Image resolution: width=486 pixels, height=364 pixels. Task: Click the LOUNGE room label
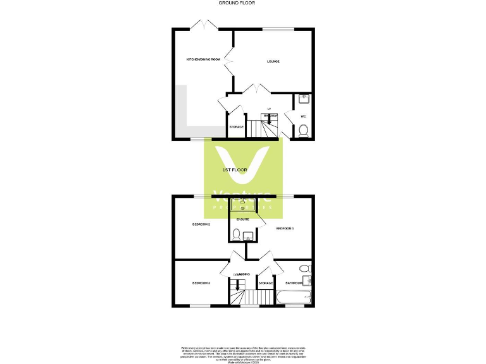(x=273, y=61)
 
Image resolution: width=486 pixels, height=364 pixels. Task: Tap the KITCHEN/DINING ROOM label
(x=202, y=59)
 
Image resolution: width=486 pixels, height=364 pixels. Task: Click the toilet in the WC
(x=303, y=131)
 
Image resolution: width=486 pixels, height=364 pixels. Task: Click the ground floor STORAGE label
(x=236, y=127)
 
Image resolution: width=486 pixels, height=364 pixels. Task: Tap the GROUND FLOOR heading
(x=237, y=3)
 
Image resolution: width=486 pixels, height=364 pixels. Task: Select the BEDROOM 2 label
(x=201, y=224)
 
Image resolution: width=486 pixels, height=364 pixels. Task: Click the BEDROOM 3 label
(x=201, y=282)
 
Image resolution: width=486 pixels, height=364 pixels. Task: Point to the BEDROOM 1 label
(x=285, y=228)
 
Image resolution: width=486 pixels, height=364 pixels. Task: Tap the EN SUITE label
(x=243, y=219)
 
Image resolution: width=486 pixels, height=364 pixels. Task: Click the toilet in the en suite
(x=235, y=236)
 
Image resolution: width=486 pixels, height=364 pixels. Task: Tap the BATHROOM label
(x=294, y=282)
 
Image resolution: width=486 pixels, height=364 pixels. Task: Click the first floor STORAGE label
(x=266, y=282)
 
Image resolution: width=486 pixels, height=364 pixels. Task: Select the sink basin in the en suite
(x=242, y=204)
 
